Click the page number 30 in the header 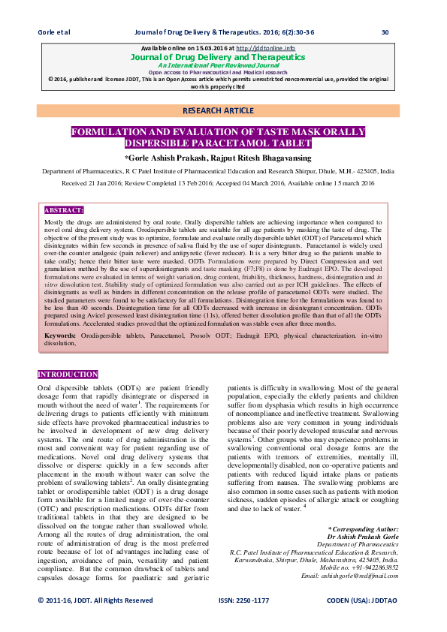pos(385,32)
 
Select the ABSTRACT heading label pos(65,210)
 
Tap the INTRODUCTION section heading pos(68,374)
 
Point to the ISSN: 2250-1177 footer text pos(243,600)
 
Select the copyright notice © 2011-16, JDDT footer pos(95,600)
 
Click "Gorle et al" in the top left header pos(53,32)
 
